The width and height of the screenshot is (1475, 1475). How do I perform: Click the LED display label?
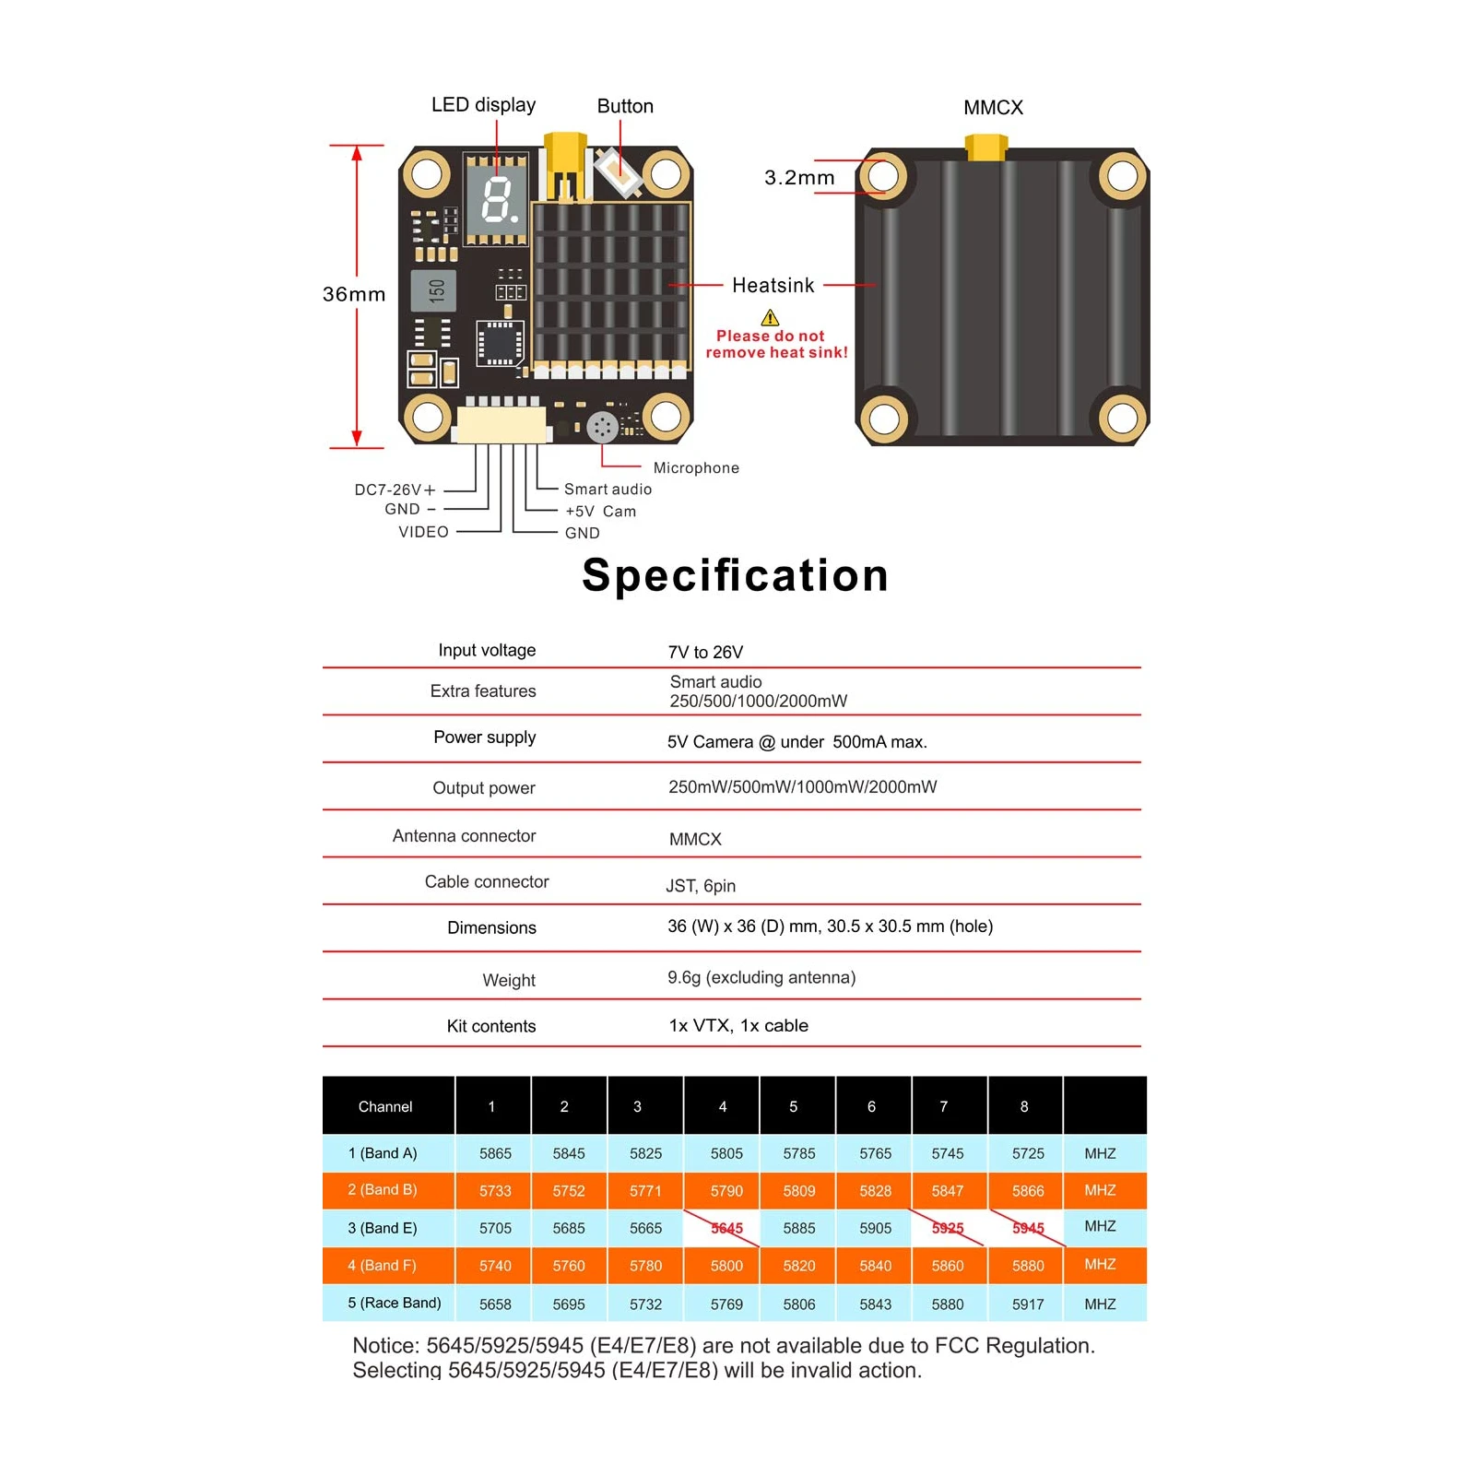(x=483, y=105)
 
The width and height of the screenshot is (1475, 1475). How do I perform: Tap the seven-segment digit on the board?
(x=498, y=200)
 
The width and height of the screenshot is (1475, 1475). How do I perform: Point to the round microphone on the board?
(x=602, y=427)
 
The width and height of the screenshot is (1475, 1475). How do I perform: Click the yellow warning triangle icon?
(x=770, y=318)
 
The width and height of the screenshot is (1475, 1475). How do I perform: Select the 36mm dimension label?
(x=354, y=294)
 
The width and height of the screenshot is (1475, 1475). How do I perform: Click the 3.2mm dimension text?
(x=799, y=178)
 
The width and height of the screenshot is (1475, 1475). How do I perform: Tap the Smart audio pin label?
(x=608, y=490)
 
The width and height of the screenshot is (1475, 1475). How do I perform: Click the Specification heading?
(x=736, y=575)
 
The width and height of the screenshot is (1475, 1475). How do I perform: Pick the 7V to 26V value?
(x=705, y=653)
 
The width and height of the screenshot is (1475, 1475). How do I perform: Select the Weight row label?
(x=509, y=980)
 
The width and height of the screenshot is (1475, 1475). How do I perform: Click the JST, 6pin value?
(x=701, y=886)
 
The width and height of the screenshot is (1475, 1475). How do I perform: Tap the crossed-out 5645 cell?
(x=726, y=1228)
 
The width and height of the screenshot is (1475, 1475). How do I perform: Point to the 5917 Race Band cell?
(x=1028, y=1304)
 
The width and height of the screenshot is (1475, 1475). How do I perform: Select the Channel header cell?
(x=385, y=1106)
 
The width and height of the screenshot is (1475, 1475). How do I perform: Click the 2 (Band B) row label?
(x=383, y=1190)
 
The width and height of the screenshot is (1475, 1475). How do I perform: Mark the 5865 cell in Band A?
(x=495, y=1153)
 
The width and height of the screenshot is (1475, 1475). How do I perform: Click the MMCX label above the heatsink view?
(x=993, y=108)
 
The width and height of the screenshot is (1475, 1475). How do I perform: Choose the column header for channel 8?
(x=1024, y=1106)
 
